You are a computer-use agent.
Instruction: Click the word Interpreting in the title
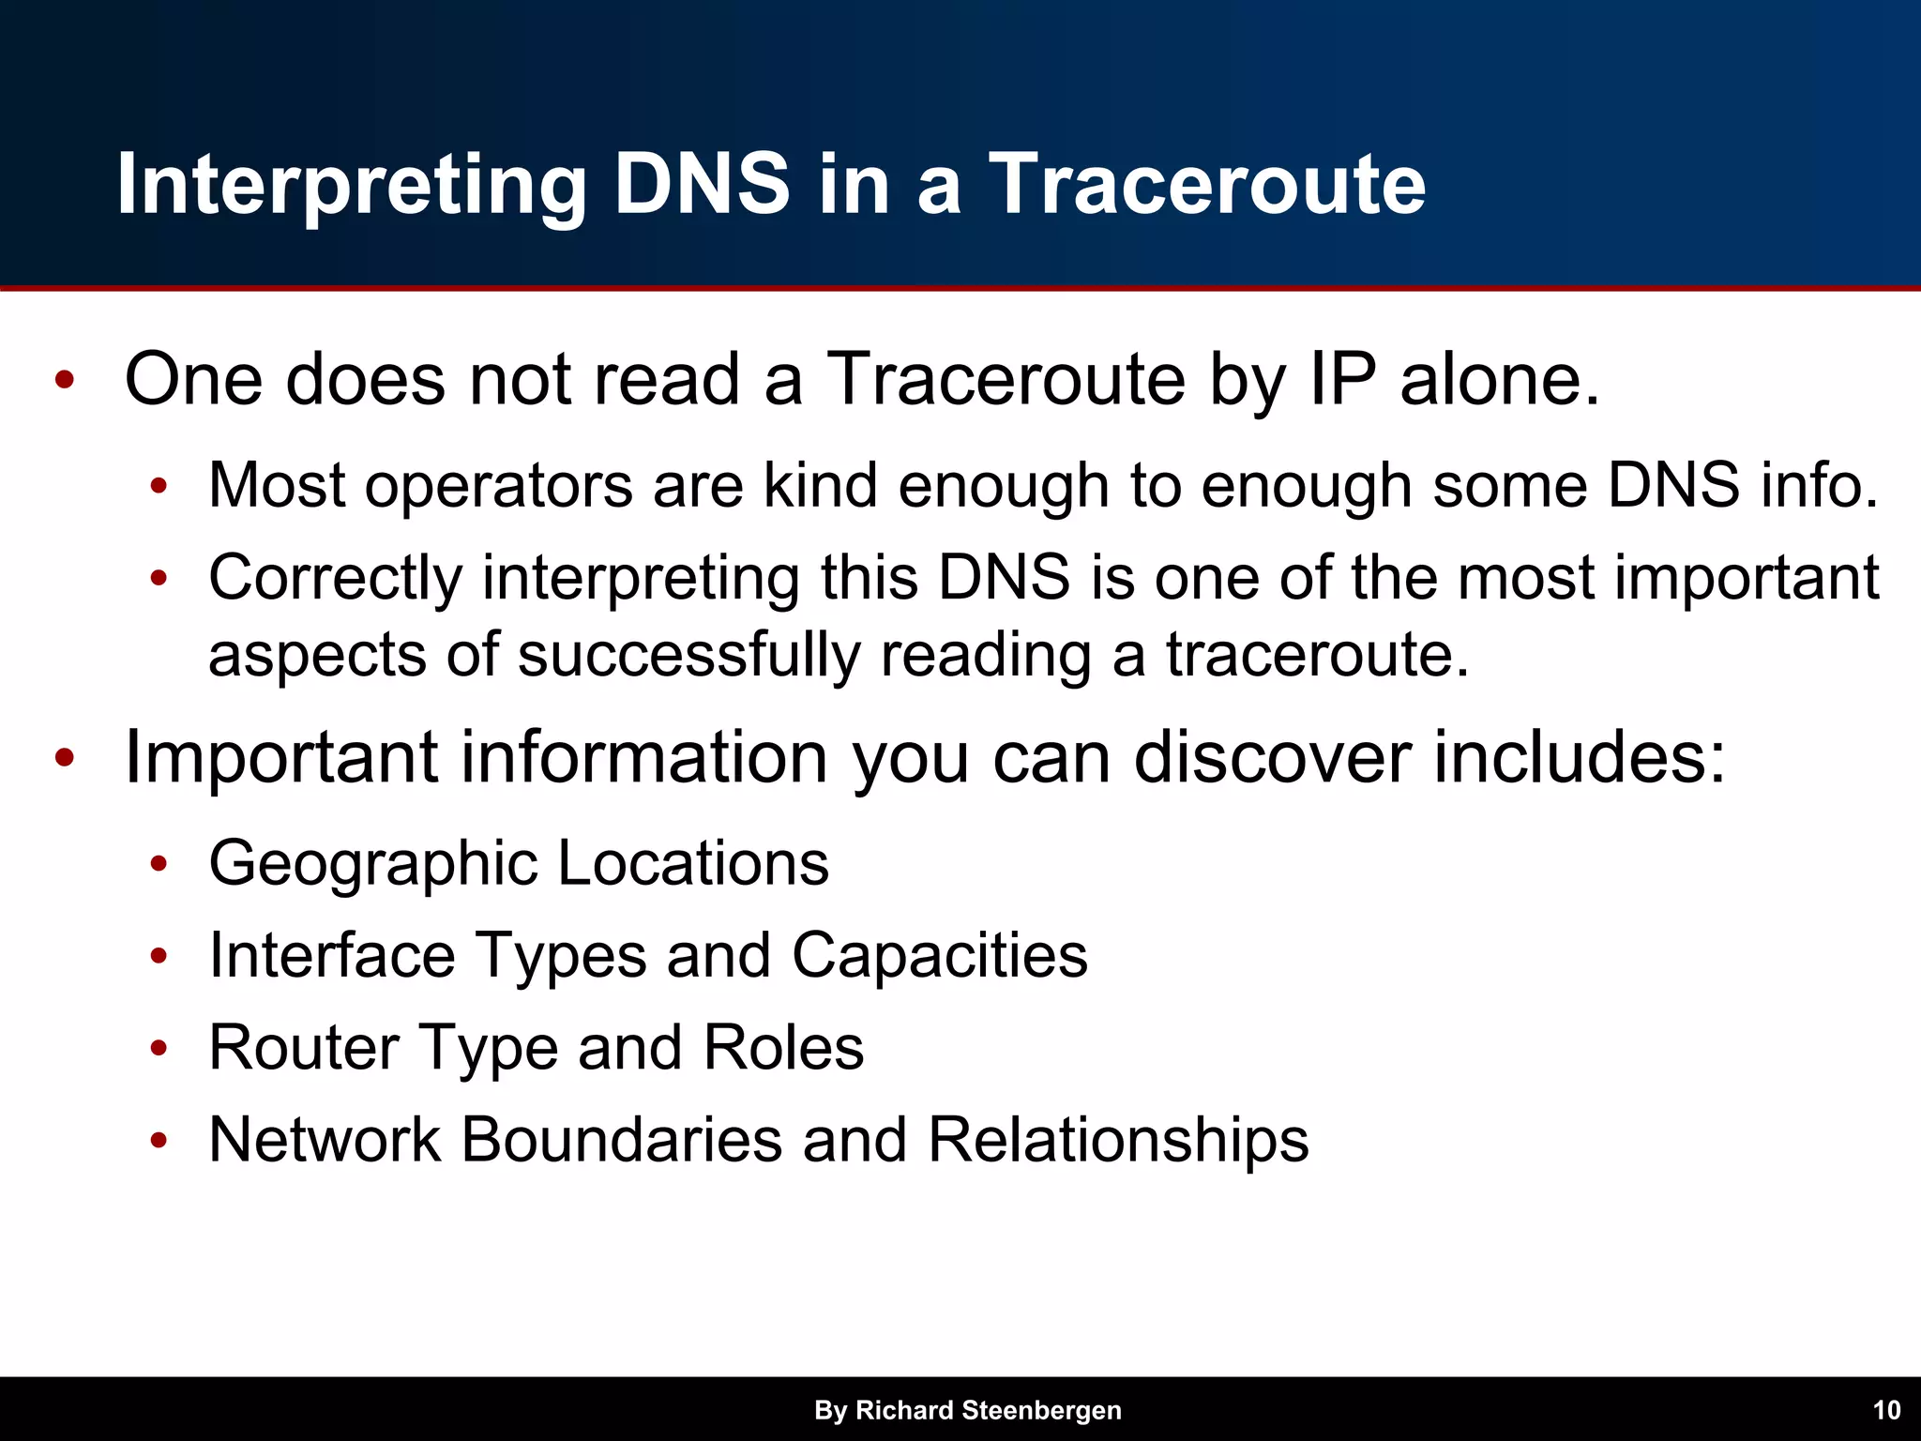[352, 185]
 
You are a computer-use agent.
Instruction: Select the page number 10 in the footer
[1886, 1410]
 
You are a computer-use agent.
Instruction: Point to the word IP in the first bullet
[1342, 380]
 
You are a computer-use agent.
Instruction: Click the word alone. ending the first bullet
[1499, 380]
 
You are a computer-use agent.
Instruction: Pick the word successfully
[688, 655]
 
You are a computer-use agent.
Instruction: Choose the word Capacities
[939, 956]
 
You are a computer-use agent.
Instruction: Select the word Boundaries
[621, 1140]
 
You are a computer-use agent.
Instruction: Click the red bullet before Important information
[64, 758]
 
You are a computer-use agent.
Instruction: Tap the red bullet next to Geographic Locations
[159, 864]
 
